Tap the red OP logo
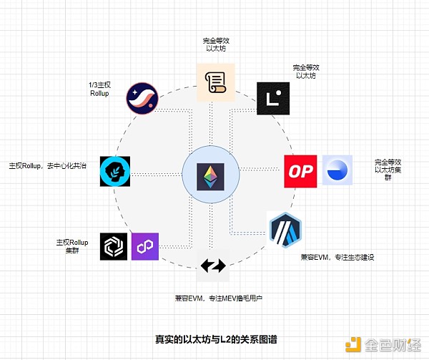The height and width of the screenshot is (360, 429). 300,171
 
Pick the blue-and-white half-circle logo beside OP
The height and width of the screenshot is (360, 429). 337,170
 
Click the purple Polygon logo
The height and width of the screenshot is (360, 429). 145,246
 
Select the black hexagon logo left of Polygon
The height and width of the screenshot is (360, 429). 114,246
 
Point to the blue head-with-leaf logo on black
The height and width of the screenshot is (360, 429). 114,172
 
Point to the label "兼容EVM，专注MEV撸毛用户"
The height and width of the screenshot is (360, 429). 214,297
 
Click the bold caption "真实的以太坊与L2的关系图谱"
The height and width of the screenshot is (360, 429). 214,339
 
